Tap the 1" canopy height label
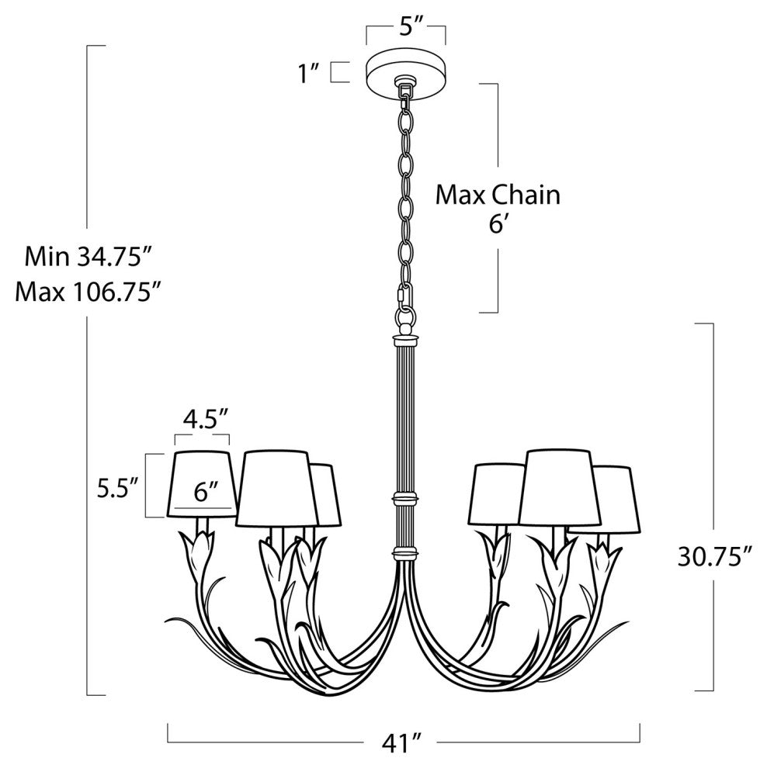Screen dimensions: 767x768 [x=309, y=74]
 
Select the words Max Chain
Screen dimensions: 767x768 [x=498, y=195]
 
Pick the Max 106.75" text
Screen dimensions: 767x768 [x=88, y=292]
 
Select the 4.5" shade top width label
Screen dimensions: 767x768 [x=206, y=420]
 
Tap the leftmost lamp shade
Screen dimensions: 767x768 [x=203, y=484]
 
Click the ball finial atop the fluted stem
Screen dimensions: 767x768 [x=405, y=327]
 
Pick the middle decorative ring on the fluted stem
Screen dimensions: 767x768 [x=405, y=498]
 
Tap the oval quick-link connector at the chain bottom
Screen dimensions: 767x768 [x=403, y=297]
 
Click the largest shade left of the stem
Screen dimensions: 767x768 [x=276, y=488]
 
